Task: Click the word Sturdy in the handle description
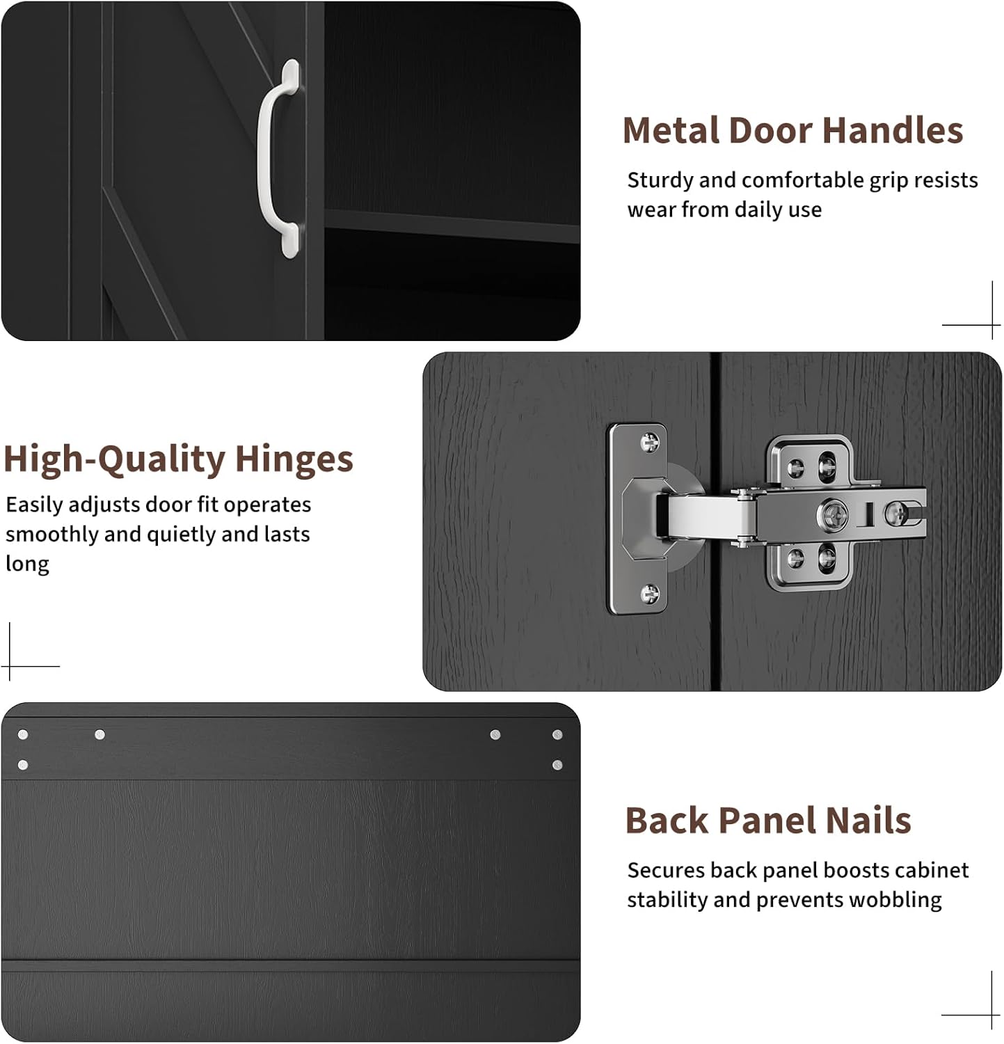click(660, 181)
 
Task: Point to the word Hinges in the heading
click(294, 459)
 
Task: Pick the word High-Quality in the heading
click(115, 460)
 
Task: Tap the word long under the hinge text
click(27, 564)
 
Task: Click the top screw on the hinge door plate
click(649, 441)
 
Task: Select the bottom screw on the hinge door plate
click(649, 594)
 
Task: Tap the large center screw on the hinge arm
click(832, 516)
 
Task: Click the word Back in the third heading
click(667, 821)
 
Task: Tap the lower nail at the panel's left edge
click(23, 765)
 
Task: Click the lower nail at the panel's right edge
click(557, 765)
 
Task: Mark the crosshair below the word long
click(10, 666)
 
